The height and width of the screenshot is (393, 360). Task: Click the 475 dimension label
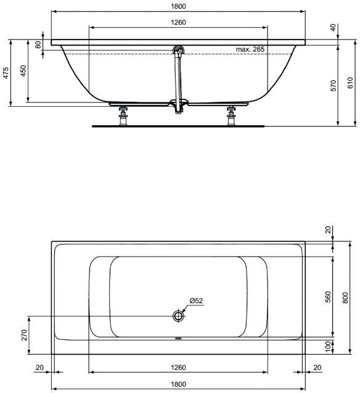coord(6,73)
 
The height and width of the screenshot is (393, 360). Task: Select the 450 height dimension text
coord(23,71)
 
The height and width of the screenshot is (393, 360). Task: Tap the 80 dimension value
coord(38,45)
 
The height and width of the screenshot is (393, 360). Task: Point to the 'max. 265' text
coord(250,49)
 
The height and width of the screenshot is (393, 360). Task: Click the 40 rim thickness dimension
coord(333,27)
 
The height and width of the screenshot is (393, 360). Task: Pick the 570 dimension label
coord(333,86)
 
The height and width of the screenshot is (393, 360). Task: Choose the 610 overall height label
coord(350,83)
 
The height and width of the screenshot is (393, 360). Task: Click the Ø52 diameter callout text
coord(196,300)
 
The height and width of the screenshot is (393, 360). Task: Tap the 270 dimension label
coord(24,335)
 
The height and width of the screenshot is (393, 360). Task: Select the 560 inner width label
coord(328,297)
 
